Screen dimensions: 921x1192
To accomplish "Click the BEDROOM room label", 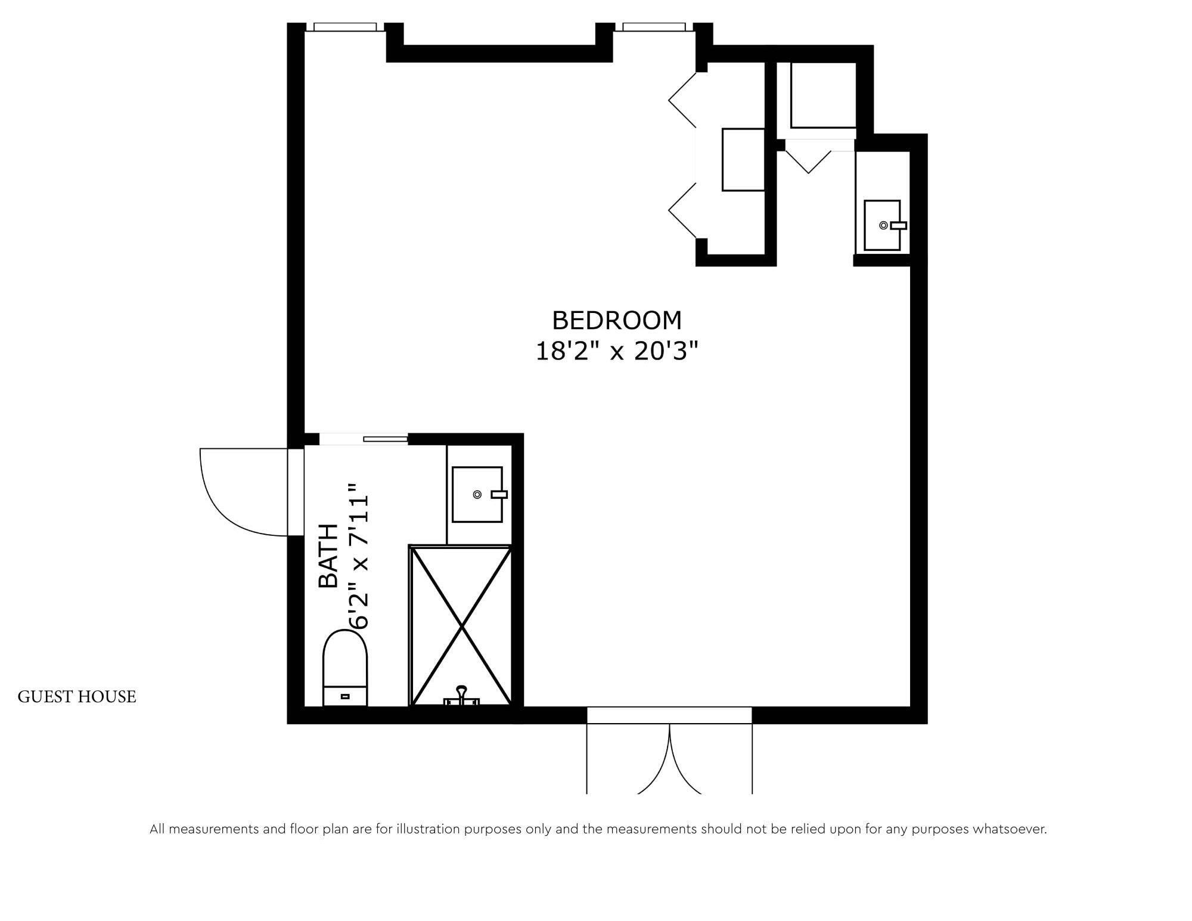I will pos(617,321).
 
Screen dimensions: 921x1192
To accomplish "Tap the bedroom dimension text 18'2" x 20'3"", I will pos(617,351).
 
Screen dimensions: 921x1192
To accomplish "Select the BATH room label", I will pos(328,556).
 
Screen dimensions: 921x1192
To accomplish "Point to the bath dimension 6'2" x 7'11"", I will pos(359,556).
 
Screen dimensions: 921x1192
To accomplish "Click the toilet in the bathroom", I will pos(345,668).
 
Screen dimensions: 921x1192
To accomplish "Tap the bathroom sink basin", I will pos(477,494).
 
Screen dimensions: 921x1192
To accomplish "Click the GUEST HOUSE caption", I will pos(77,697).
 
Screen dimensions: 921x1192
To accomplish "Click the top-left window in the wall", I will pos(345,27).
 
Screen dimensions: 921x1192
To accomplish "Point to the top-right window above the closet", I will pos(654,27).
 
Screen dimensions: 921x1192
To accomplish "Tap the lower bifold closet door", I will pos(682,210).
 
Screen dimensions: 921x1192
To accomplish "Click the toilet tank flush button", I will pos(345,696).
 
